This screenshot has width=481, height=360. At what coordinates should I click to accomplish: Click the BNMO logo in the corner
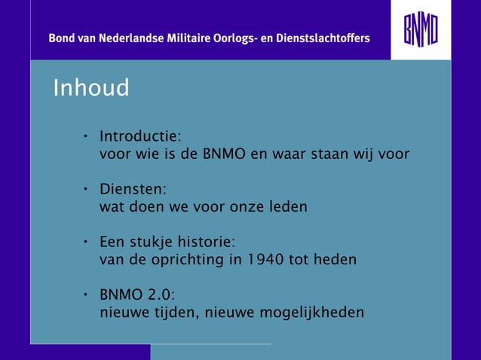pyautogui.click(x=420, y=30)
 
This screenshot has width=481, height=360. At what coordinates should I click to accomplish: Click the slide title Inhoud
pyautogui.click(x=91, y=88)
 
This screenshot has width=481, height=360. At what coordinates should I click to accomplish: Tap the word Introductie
pyautogui.click(x=139, y=137)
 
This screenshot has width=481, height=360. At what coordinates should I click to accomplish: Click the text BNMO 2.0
pyautogui.click(x=137, y=294)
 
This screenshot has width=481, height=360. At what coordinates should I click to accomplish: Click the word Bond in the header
pyautogui.click(x=63, y=38)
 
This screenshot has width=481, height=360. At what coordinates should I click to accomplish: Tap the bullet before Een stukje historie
pyautogui.click(x=87, y=243)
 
